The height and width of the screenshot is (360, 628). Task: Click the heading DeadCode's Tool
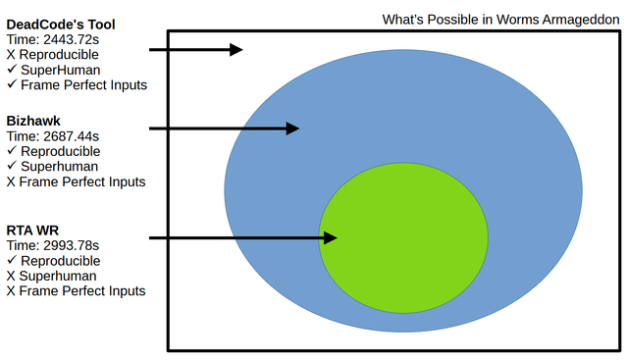click(x=61, y=25)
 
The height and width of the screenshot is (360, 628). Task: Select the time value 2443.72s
click(x=72, y=39)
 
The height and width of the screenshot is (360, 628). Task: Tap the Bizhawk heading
click(x=33, y=121)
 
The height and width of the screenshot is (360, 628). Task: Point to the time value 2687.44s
click(x=72, y=136)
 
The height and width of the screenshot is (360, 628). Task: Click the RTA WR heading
click(x=32, y=231)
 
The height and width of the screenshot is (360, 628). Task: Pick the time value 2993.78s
click(x=72, y=245)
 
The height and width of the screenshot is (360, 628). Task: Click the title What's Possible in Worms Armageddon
click(x=500, y=20)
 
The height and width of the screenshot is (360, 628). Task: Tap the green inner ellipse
click(x=403, y=237)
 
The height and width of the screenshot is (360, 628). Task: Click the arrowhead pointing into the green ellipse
click(x=330, y=237)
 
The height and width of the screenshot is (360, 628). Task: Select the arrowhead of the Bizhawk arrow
click(x=292, y=129)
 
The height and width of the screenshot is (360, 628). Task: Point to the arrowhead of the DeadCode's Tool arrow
click(x=236, y=50)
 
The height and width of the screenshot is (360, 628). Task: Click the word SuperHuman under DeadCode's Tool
click(x=61, y=70)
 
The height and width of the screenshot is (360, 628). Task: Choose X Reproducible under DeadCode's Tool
click(x=52, y=55)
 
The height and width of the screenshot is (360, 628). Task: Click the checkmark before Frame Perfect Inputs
click(x=12, y=84)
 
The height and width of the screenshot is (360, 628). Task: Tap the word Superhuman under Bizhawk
click(x=59, y=167)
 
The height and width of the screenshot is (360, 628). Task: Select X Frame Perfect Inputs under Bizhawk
click(x=77, y=181)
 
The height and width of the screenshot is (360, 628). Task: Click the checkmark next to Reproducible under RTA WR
click(x=12, y=260)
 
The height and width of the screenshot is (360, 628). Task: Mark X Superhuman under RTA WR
click(x=52, y=276)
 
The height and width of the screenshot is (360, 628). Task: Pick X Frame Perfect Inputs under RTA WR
click(x=77, y=291)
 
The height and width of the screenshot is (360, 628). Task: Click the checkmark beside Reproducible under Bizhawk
click(x=12, y=150)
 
